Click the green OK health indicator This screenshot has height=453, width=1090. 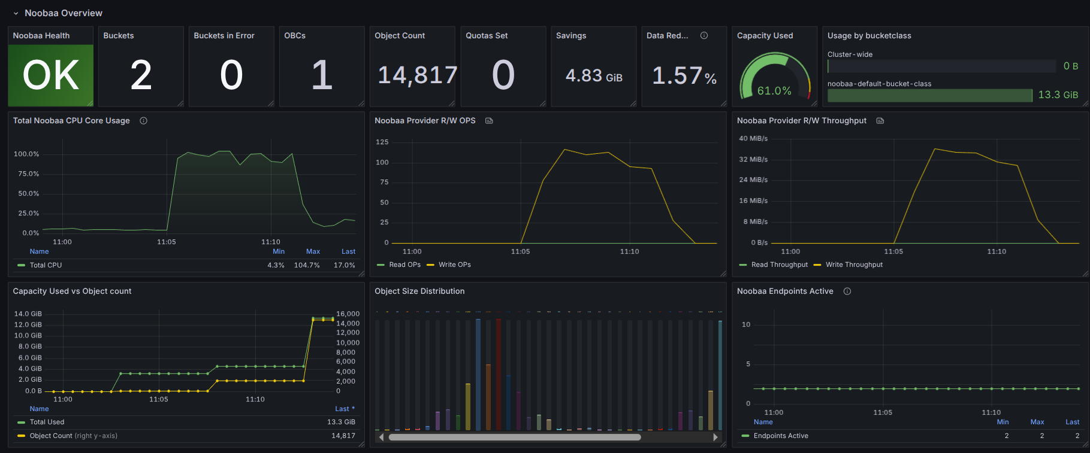[51, 75]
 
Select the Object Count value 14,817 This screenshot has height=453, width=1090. [418, 75]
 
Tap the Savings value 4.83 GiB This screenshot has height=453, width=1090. [593, 76]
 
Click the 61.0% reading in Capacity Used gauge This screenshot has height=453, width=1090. [774, 91]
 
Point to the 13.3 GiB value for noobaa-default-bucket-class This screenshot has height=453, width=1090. [1058, 95]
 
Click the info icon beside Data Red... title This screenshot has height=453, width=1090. [704, 36]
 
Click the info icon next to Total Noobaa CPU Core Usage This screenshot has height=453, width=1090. [144, 121]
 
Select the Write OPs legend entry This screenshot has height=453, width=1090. [454, 264]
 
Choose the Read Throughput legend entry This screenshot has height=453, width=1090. [779, 264]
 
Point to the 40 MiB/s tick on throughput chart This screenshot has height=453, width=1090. [753, 138]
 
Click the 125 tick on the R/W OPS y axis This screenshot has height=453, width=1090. [382, 142]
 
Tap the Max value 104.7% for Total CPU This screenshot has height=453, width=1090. [307, 265]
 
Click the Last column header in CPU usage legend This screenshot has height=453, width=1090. [348, 252]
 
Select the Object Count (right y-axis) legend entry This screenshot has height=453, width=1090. [73, 436]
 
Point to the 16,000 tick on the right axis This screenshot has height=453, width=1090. [348, 314]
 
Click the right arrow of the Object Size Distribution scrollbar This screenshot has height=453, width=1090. [715, 437]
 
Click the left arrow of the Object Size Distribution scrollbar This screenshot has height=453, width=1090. [382, 437]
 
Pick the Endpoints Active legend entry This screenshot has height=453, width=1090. [780, 436]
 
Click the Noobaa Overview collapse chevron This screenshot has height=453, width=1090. [16, 13]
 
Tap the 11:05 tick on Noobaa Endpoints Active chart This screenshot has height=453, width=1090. [883, 413]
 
